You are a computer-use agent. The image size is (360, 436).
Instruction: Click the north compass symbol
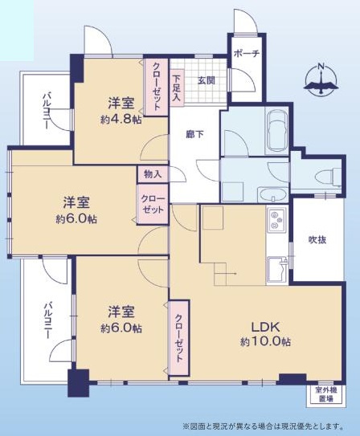pyautogui.click(x=321, y=79)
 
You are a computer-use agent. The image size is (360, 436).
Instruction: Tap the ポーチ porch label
pyautogui.click(x=247, y=53)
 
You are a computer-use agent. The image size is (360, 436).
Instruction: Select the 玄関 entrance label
pyautogui.click(x=206, y=80)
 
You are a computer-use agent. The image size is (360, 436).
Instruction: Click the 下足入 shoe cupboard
pyautogui.click(x=177, y=88)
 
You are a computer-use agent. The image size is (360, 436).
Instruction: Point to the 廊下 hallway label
pyautogui.click(x=194, y=135)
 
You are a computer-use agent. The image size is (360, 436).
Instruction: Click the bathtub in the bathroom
pyautogui.click(x=276, y=131)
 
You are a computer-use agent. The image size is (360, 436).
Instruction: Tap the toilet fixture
pyautogui.click(x=329, y=177)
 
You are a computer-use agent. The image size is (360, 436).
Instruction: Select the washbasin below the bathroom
pyautogui.click(x=273, y=194)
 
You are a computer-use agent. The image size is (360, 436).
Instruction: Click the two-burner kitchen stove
pyautogui.click(x=276, y=220)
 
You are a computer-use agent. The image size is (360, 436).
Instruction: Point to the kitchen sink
pyautogui.click(x=277, y=270)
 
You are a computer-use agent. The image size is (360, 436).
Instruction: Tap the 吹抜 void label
pyautogui.click(x=317, y=240)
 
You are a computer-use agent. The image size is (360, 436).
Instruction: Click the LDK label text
pyautogui.click(x=265, y=328)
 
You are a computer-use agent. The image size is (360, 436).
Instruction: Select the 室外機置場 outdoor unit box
pyautogui.click(x=325, y=394)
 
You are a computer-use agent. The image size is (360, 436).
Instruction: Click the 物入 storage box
pyautogui.click(x=153, y=174)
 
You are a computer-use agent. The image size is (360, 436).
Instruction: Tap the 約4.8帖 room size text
pyautogui.click(x=121, y=120)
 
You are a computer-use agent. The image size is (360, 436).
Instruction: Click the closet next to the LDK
pyautogui.click(x=179, y=338)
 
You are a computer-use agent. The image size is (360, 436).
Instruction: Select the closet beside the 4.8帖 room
pyautogui.click(x=156, y=87)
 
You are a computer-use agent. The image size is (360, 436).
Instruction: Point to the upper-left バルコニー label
pyautogui.click(x=47, y=112)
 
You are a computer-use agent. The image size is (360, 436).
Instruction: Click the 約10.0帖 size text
pyautogui.click(x=265, y=342)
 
